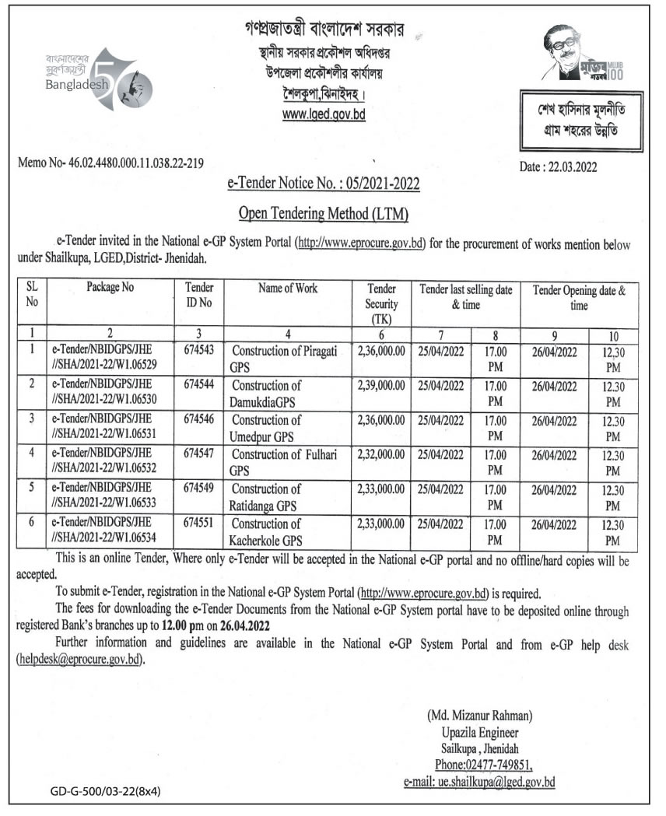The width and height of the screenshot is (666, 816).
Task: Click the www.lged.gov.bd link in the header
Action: pos(323,114)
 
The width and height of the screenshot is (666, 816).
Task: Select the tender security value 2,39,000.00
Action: pos(380,385)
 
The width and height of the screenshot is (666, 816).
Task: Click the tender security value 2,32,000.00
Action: pos(380,454)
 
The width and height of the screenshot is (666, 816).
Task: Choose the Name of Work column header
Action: pos(288,289)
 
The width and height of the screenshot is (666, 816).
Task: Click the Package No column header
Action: pos(110,287)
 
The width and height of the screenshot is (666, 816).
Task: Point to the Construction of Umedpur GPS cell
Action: pos(270,427)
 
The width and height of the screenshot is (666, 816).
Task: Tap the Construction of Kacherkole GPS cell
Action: pos(270,531)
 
